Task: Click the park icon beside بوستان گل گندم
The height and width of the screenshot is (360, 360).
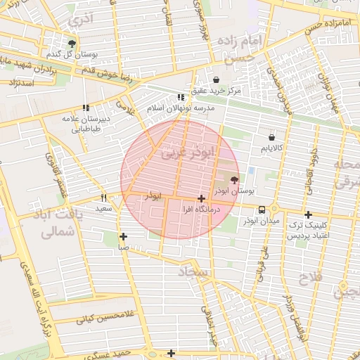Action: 72,44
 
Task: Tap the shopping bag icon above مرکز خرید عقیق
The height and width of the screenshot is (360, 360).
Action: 216,79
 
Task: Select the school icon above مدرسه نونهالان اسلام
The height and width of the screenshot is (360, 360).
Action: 181,97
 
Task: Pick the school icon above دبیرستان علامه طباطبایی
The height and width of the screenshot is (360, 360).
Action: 86,108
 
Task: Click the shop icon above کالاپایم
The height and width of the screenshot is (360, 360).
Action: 271,137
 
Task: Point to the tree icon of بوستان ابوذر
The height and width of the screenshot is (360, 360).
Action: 234,180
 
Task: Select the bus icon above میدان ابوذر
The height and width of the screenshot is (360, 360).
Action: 262,210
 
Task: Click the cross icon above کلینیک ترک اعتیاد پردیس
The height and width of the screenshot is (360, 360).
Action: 307,214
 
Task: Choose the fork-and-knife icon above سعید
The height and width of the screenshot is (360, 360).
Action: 103,198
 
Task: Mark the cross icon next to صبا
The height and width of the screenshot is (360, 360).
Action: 123,236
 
